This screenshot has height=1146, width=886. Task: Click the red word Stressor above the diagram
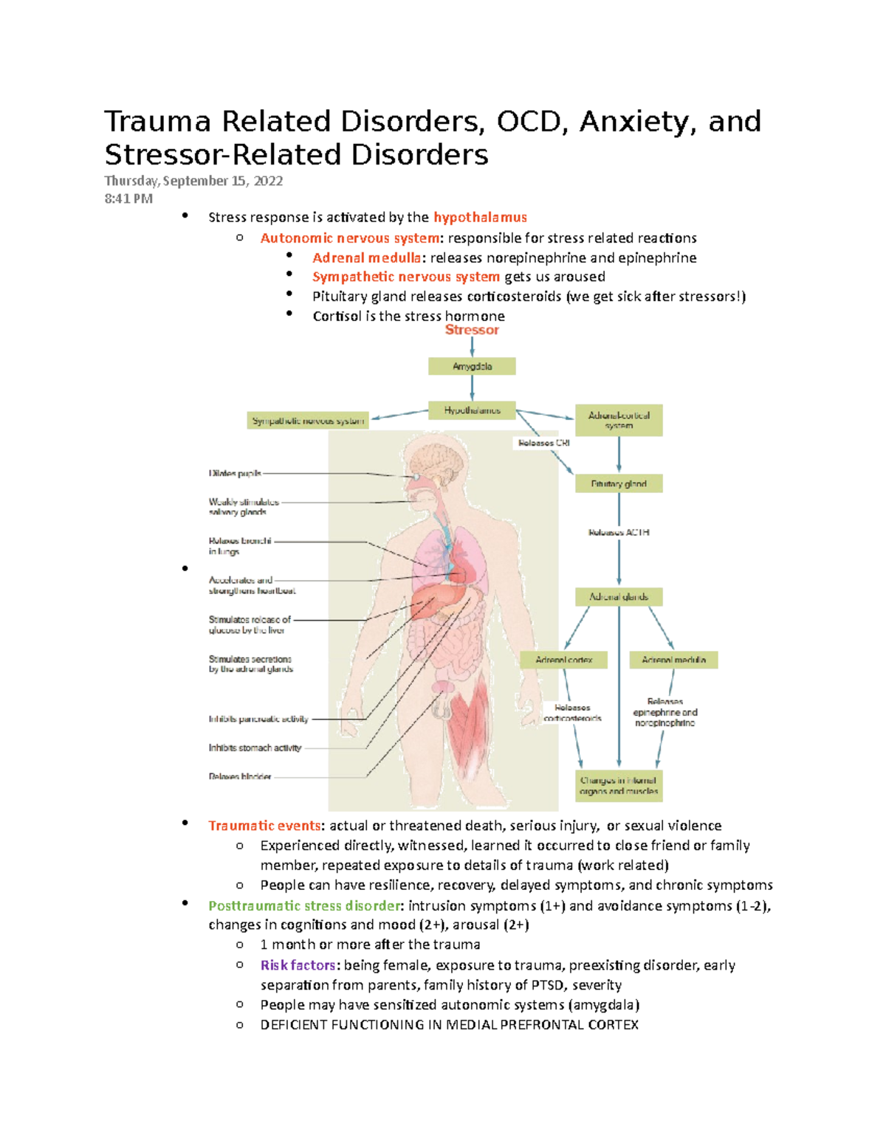pyautogui.click(x=472, y=330)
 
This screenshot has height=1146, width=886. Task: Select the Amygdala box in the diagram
pyautogui.click(x=472, y=366)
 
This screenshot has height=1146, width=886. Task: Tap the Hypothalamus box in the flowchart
pyautogui.click(x=472, y=410)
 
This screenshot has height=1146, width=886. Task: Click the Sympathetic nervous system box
pyautogui.click(x=308, y=421)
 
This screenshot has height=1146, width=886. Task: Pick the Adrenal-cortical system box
pyautogui.click(x=619, y=420)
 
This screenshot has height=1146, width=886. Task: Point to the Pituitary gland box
pyautogui.click(x=619, y=483)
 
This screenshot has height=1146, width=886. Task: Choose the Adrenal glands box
pyautogui.click(x=619, y=596)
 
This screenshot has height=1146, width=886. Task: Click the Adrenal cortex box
pyautogui.click(x=564, y=660)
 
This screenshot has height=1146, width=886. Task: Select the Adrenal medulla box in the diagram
pyautogui.click(x=673, y=660)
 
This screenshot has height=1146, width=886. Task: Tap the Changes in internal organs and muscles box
pyautogui.click(x=619, y=785)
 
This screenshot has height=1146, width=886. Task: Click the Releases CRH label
pyautogui.click(x=543, y=443)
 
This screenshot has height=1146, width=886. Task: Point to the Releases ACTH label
pyautogui.click(x=619, y=532)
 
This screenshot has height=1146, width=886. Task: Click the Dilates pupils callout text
pyautogui.click(x=235, y=474)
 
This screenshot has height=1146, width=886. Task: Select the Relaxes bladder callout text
pyautogui.click(x=240, y=776)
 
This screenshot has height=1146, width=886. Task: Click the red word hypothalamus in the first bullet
pyautogui.click(x=480, y=217)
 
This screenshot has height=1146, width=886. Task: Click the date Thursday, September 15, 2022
pyautogui.click(x=193, y=181)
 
